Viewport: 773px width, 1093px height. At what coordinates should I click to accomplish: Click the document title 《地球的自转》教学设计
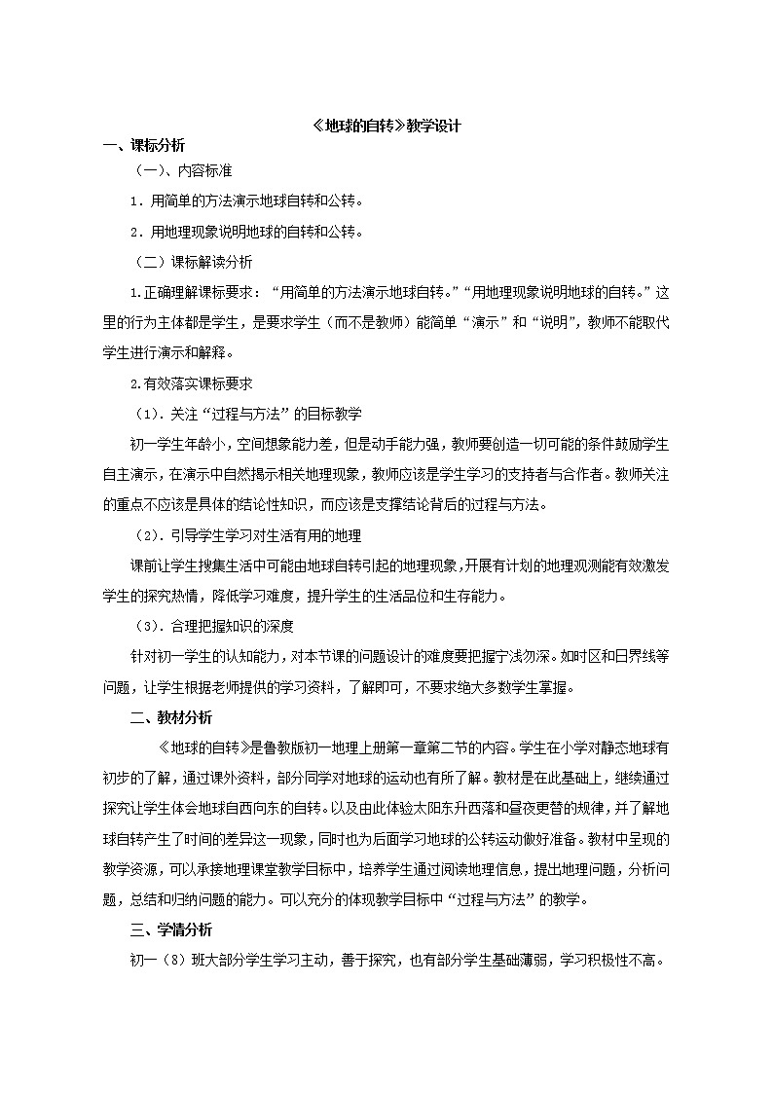pyautogui.click(x=387, y=126)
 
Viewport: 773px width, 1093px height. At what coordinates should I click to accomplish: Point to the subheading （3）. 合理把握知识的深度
pyautogui.click(x=213, y=626)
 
